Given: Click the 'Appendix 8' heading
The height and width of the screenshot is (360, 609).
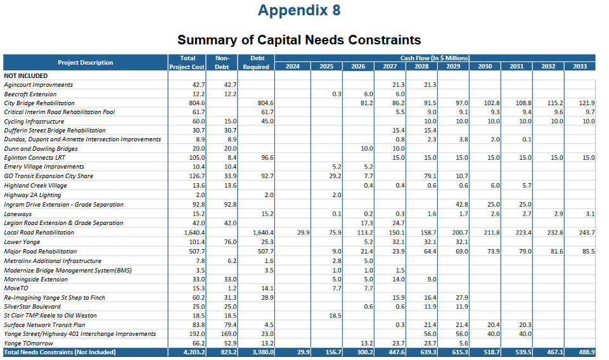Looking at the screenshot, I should (x=299, y=11).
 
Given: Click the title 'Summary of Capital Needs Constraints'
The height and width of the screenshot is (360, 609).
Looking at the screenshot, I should (x=299, y=41).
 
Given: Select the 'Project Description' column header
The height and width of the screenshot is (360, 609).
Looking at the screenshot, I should (x=86, y=62).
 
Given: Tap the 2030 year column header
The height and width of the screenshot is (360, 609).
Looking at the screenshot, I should (x=485, y=67).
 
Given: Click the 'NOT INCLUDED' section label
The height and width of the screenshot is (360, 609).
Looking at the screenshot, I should (x=25, y=75).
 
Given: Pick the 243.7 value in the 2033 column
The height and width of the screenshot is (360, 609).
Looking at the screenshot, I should (x=587, y=233).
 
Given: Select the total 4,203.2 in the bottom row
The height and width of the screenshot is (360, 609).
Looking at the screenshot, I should (x=193, y=352).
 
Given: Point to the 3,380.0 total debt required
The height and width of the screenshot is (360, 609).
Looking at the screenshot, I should (x=260, y=352).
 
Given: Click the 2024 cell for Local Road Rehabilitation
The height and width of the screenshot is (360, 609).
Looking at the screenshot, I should (x=303, y=233).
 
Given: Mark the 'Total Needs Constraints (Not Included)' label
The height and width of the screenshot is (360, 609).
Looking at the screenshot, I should (x=60, y=352).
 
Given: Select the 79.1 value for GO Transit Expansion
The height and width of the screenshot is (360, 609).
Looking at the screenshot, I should (x=430, y=176).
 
